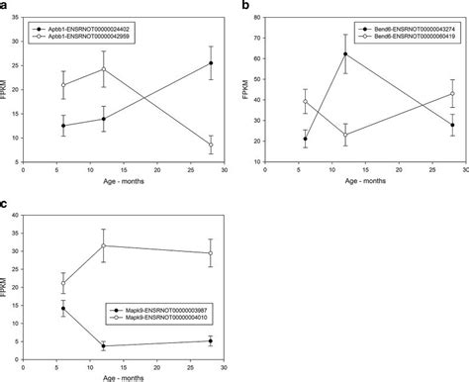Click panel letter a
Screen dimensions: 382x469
pyautogui.click(x=5, y=5)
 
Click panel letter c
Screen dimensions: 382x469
pyautogui.click(x=5, y=205)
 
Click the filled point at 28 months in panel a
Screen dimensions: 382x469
pyautogui.click(x=210, y=63)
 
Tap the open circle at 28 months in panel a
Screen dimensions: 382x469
pyautogui.click(x=210, y=144)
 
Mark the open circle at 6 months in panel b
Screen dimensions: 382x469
pyautogui.click(x=306, y=101)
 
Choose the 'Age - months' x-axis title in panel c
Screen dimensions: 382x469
pyautogui.click(x=130, y=376)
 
